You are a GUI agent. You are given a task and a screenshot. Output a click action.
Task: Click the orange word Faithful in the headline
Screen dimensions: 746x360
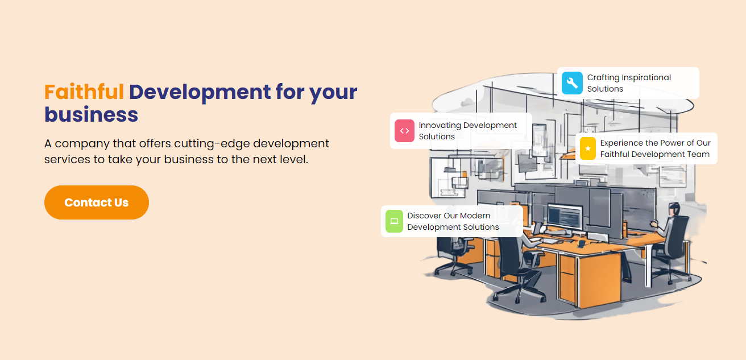[x=84, y=92]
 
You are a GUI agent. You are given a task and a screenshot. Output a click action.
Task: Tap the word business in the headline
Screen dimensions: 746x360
[x=91, y=115]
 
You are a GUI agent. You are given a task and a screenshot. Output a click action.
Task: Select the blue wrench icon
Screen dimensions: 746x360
[x=572, y=83]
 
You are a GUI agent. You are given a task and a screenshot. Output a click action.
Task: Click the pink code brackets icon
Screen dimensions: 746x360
[x=404, y=131]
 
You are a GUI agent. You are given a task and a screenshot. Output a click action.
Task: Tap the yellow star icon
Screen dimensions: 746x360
[x=588, y=148]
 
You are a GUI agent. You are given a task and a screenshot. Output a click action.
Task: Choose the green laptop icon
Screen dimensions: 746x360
[x=394, y=221]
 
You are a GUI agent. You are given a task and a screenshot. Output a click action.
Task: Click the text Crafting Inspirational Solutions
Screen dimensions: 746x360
[x=629, y=83]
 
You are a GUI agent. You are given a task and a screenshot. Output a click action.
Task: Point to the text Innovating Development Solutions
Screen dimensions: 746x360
[x=467, y=131]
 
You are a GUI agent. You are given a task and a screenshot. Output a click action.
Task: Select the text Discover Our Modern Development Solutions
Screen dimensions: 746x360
[x=453, y=221]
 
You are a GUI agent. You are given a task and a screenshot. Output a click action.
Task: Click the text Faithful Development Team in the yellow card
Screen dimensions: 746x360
[x=655, y=154]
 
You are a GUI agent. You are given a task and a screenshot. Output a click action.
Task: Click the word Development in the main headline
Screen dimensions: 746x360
[x=200, y=92]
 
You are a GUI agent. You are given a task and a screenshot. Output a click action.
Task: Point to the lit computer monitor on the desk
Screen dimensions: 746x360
[x=565, y=216]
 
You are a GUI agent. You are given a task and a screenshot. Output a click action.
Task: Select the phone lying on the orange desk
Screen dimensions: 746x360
[x=581, y=245]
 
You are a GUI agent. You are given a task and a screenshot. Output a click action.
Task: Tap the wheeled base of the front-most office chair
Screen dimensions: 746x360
[x=519, y=293]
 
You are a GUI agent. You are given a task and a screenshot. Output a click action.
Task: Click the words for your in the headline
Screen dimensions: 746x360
[x=316, y=92]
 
